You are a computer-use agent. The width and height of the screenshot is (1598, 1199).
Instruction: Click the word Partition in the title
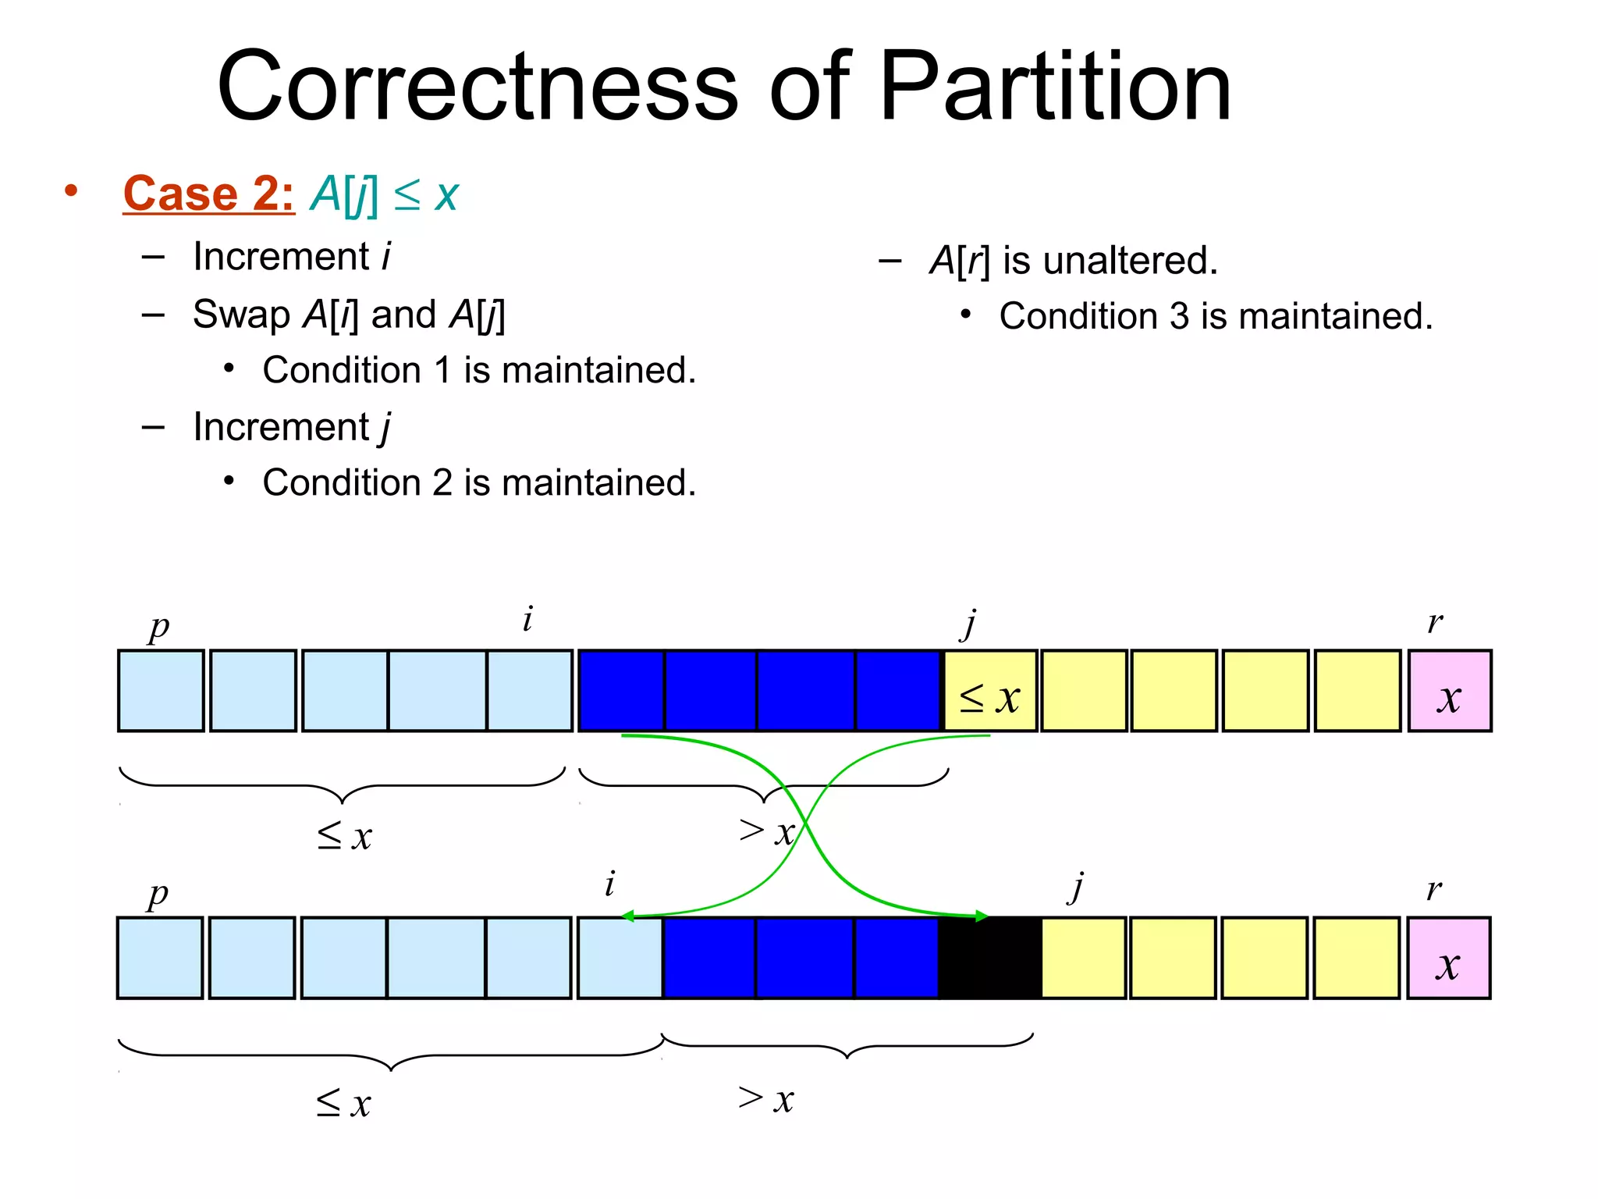tap(1055, 86)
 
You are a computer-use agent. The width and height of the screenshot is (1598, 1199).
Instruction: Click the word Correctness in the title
tap(478, 86)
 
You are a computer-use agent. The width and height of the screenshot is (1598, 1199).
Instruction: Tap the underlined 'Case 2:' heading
tap(208, 194)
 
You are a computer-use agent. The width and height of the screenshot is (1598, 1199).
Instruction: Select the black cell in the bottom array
tap(989, 959)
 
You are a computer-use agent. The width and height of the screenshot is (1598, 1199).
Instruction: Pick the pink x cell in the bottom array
tap(1448, 959)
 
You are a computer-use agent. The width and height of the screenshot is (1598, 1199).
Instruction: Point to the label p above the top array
tap(158, 626)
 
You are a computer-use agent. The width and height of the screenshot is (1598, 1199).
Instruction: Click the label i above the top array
tap(527, 620)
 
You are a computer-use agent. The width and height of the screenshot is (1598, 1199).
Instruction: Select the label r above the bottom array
tap(1434, 888)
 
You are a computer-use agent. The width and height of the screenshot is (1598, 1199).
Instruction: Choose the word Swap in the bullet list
tap(241, 315)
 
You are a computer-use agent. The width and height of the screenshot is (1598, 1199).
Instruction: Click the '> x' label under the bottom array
tap(766, 1099)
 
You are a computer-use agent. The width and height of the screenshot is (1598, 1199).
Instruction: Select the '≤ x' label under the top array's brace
tap(345, 835)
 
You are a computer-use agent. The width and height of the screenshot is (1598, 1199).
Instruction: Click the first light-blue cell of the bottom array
tap(160, 959)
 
